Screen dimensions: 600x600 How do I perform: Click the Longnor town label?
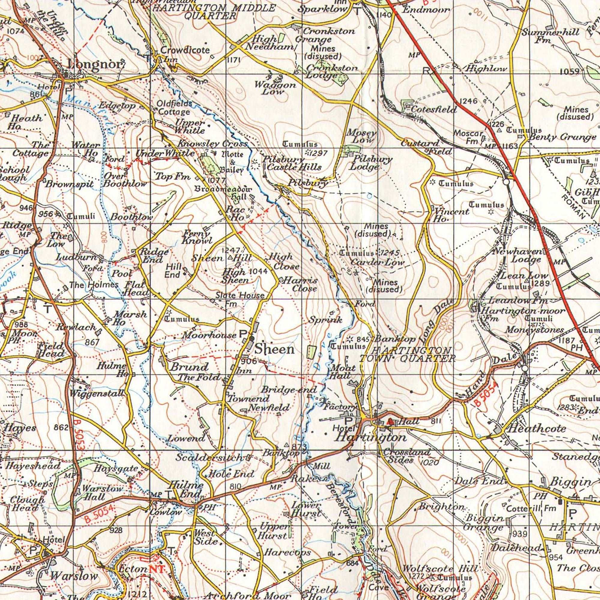click(x=95, y=64)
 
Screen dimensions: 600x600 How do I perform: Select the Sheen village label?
click(x=275, y=349)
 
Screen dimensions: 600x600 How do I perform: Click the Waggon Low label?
click(x=275, y=88)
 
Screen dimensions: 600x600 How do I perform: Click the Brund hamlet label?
click(x=189, y=367)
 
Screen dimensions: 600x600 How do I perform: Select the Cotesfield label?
click(x=434, y=109)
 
